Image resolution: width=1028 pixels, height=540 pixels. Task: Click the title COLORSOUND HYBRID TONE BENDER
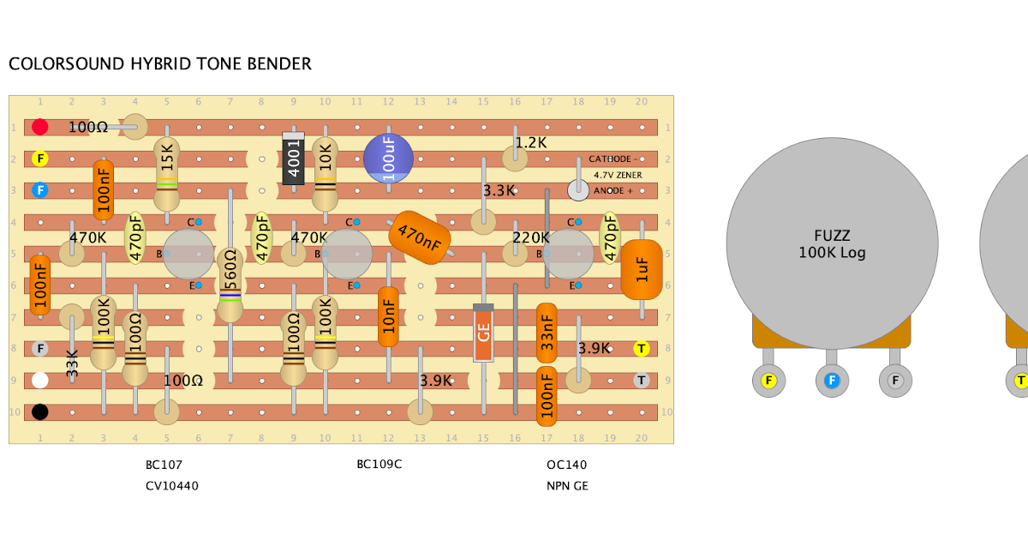[x=160, y=64]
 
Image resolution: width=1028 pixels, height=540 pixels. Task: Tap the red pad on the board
[x=40, y=127]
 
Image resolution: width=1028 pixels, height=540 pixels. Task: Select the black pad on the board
[x=40, y=412]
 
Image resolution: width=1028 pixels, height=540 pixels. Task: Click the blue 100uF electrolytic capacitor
[x=388, y=159]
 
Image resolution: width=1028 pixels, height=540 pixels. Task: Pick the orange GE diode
[x=483, y=333]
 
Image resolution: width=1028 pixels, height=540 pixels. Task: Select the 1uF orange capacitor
[x=641, y=269]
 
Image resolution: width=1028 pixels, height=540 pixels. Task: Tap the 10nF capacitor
[x=388, y=316]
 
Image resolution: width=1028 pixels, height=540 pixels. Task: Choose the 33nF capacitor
[x=547, y=333]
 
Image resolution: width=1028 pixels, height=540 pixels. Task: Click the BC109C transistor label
[x=380, y=465]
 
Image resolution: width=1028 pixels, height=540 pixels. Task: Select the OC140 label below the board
[x=567, y=465]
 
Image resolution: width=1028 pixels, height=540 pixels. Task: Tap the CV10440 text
[x=172, y=486]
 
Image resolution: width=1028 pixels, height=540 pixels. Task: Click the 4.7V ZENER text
[x=618, y=175]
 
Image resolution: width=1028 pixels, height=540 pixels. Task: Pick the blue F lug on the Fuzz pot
[x=831, y=381]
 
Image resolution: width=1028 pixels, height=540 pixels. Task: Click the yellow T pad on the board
[x=641, y=349]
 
